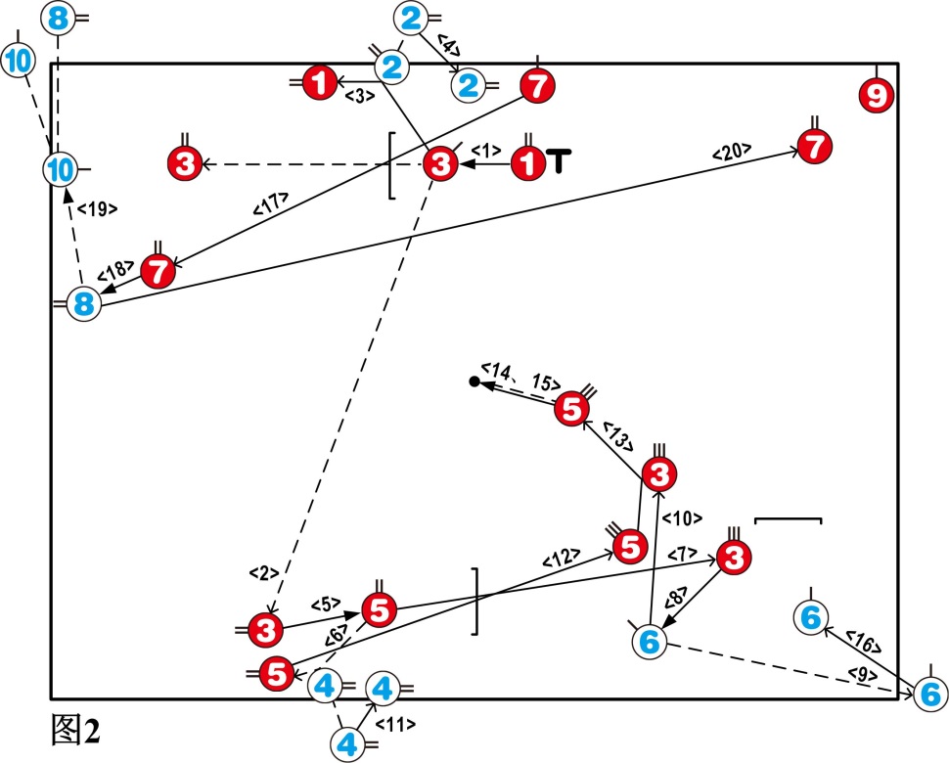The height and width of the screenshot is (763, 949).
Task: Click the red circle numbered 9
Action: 876,96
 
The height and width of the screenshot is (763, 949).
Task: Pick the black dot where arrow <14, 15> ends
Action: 474,381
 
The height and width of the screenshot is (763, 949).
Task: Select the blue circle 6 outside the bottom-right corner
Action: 930,694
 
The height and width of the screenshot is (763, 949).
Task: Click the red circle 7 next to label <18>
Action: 159,271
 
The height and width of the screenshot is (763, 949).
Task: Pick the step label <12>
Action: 560,560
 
